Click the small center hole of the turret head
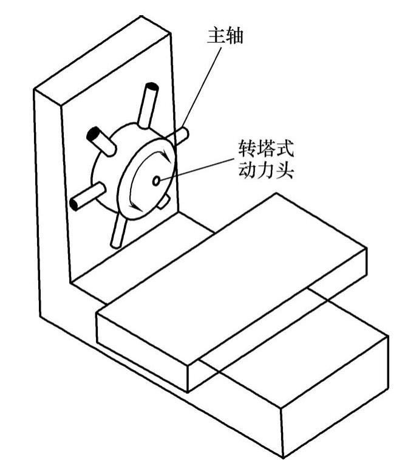(157, 180)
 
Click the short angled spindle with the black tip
(100, 139)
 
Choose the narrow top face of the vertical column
(103, 58)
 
